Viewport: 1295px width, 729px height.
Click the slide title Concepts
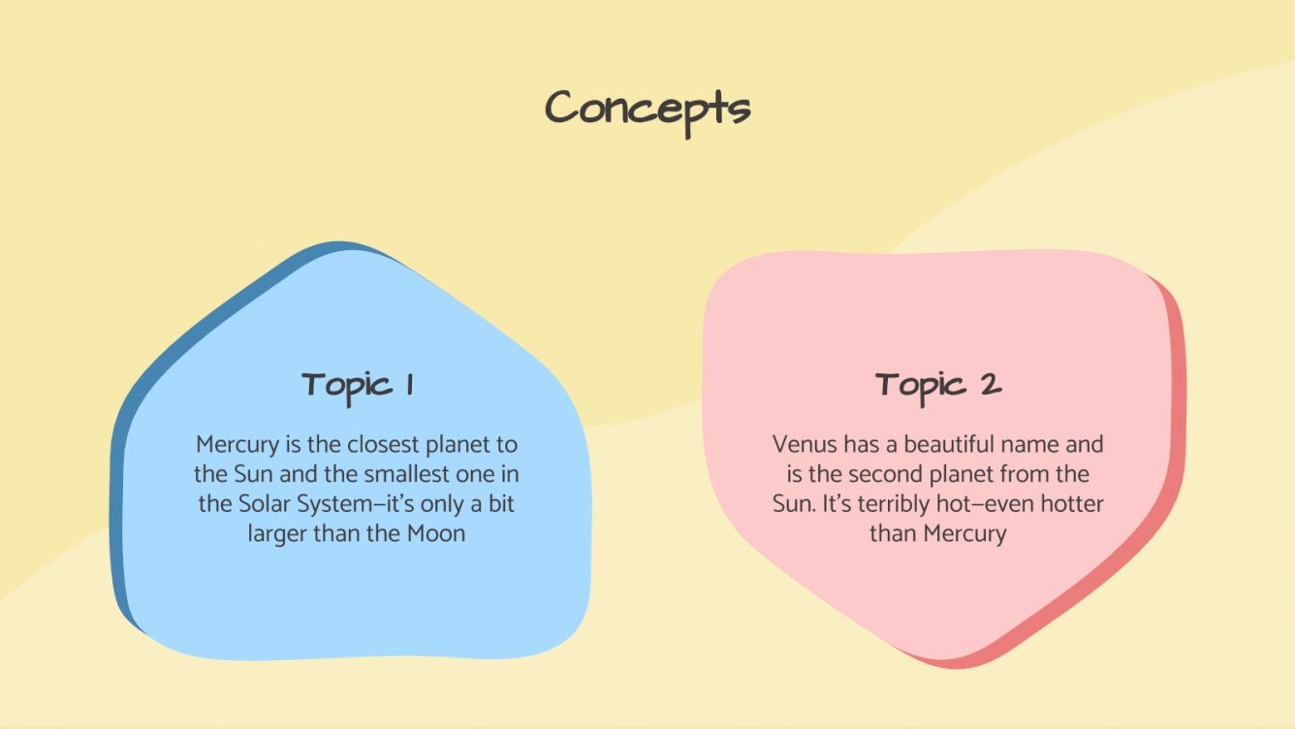[647, 109]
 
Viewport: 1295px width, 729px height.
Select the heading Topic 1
[357, 386]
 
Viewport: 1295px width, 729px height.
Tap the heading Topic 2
[938, 386]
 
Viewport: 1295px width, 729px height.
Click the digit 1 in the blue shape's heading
[409, 385]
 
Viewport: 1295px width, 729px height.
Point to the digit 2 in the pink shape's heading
[990, 385]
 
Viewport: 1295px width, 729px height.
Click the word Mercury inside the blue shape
[237, 445]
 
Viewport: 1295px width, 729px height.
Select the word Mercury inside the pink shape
[964, 533]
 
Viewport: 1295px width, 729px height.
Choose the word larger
[277, 533]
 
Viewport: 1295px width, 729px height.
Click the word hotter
[1069, 504]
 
